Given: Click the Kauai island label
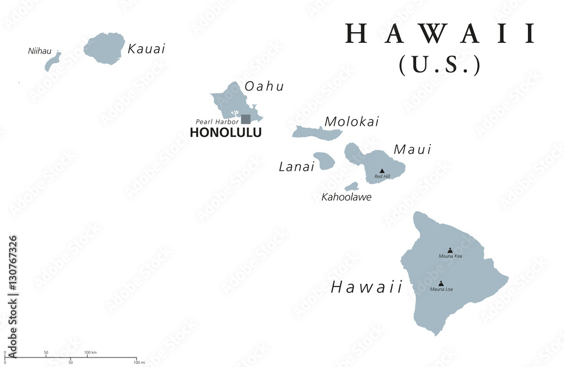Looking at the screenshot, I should (147, 49).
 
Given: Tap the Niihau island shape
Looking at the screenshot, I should (52, 61).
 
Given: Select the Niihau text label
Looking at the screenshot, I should (39, 51).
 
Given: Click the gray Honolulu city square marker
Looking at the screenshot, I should (246, 119).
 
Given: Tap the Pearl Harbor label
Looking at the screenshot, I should (217, 122).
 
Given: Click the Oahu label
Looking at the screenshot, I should (264, 87).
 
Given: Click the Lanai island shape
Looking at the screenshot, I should (324, 161).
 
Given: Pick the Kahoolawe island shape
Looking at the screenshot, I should (352, 186).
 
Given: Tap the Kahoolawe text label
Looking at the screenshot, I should (346, 198).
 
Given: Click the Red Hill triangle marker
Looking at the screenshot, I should (382, 171).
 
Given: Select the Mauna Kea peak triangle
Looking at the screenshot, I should (450, 250).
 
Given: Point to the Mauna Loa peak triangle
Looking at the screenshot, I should (441, 283).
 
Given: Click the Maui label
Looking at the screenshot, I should (412, 150).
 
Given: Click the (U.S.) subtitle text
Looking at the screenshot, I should (440, 65).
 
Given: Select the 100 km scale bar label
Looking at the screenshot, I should (90, 352).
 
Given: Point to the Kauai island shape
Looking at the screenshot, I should (105, 48).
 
